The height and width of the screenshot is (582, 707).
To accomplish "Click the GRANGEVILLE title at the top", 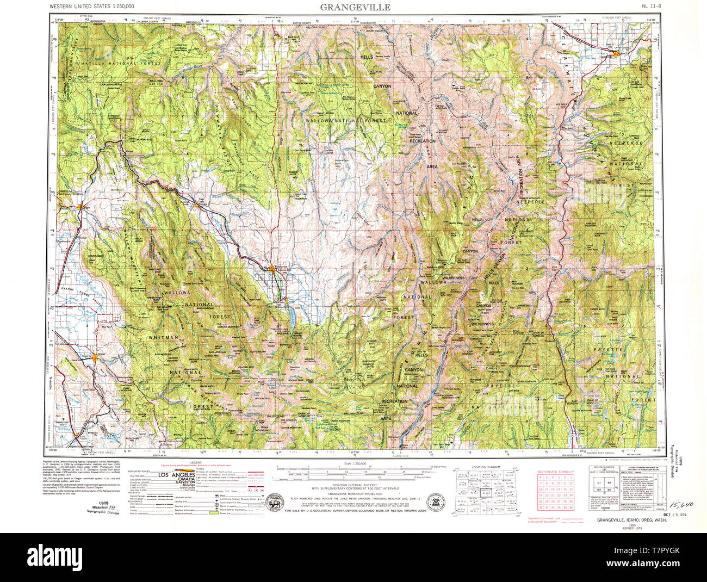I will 354,7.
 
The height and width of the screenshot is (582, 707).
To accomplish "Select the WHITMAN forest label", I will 163,338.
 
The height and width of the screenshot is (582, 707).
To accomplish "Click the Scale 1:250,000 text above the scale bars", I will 353,463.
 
